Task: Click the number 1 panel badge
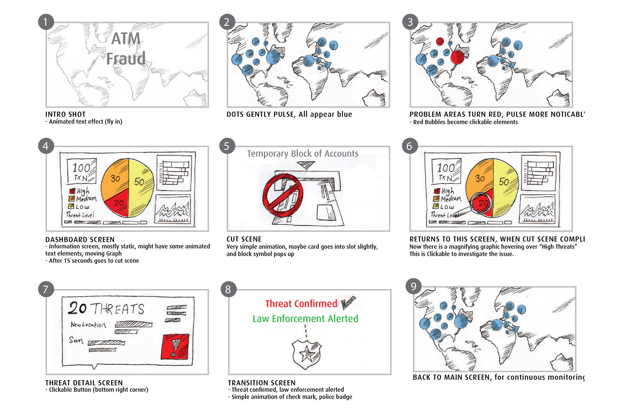[46, 22]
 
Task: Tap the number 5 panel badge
[227, 146]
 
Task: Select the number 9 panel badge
[413, 286]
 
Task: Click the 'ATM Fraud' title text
[126, 49]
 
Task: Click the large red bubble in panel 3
[457, 57]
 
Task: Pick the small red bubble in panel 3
[440, 41]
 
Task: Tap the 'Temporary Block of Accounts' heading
[303, 153]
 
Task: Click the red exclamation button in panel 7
[175, 347]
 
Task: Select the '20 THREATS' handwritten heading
[106, 308]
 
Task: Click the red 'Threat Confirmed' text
[301, 304]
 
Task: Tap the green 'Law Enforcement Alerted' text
[305, 319]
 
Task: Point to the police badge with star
[307, 354]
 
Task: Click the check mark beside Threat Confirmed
[348, 302]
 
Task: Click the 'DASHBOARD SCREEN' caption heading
[80, 239]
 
